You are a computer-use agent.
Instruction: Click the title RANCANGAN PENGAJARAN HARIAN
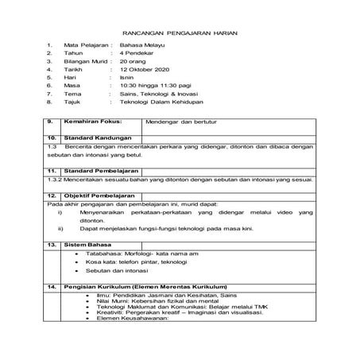(x=182, y=34)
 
